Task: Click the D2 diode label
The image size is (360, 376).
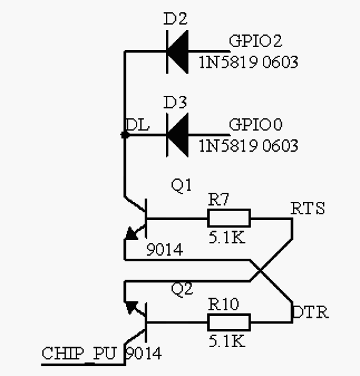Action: (175, 19)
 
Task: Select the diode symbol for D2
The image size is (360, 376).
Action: (178, 51)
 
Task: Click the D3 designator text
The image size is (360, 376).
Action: (175, 102)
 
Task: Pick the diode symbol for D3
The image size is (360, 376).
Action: (178, 134)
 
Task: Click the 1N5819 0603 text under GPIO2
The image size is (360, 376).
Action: (248, 62)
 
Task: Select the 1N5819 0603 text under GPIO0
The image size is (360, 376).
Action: (248, 145)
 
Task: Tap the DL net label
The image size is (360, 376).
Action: (138, 125)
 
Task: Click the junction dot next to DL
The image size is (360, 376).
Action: (124, 134)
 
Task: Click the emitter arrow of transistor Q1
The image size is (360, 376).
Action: (133, 234)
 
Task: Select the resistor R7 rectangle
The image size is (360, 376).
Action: (229, 219)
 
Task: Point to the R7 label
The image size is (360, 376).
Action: (220, 201)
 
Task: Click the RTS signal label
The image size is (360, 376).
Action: (308, 208)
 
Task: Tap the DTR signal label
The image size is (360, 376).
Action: (311, 312)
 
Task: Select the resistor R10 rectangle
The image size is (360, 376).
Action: (229, 322)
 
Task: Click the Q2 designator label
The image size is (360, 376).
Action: (182, 289)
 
